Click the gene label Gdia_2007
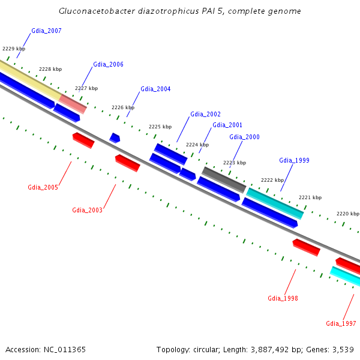46,31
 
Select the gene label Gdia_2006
108,64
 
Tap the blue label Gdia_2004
155,89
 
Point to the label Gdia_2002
205,114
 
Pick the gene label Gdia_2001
227,125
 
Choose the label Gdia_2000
244,137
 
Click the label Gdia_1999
294,160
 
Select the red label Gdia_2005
43,187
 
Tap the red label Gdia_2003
87,210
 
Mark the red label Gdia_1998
283,298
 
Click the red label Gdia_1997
341,323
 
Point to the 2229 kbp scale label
14,49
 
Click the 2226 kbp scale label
123,107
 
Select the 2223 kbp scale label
235,163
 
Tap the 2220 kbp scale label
347,214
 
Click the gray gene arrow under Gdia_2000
223,179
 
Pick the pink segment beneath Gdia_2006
73,103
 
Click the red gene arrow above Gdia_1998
306,247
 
